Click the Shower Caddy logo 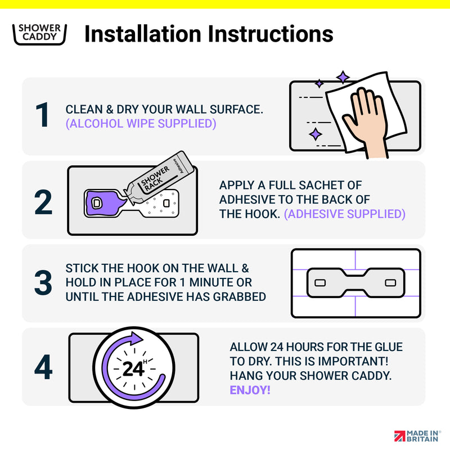click(x=39, y=34)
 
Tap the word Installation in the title click(x=143, y=34)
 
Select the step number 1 click(x=43, y=115)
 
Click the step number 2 click(x=43, y=202)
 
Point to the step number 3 click(x=43, y=282)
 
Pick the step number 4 click(x=43, y=367)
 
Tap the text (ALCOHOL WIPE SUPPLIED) click(x=141, y=124)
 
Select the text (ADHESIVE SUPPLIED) click(x=344, y=214)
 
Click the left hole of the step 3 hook click(x=320, y=283)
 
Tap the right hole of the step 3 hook click(x=390, y=283)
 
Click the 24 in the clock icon click(x=133, y=369)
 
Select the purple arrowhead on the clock click(x=136, y=339)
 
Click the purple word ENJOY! click(x=250, y=390)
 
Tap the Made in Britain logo click(x=417, y=436)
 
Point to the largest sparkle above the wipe click(x=343, y=77)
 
